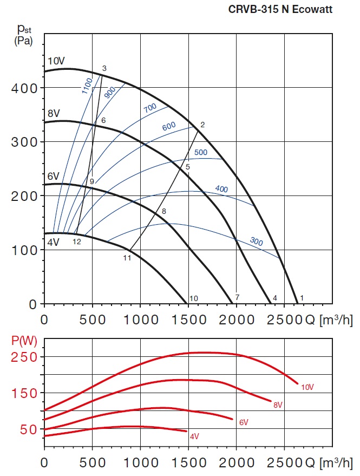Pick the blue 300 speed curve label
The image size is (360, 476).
256,242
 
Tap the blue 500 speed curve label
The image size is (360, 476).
200,152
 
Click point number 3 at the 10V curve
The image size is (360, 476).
104,68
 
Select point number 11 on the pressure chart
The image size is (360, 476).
127,258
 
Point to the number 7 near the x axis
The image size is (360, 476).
237,297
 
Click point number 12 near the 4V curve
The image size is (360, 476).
76,242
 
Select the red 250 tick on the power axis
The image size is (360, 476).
24,357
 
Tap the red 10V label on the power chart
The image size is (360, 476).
306,387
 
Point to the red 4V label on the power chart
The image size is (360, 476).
194,435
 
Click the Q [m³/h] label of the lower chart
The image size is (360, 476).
329,464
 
